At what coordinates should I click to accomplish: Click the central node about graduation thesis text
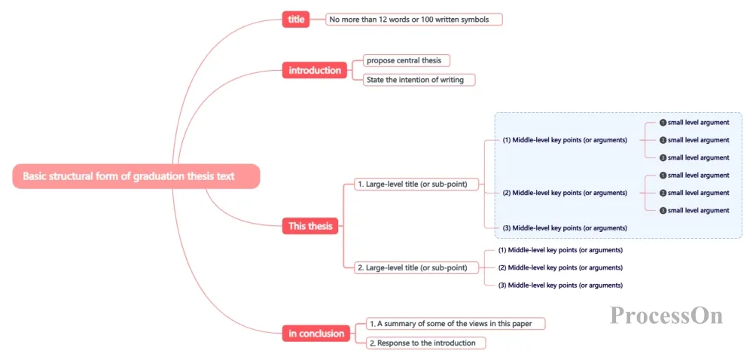[x=136, y=176]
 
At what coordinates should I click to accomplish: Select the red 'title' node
[x=296, y=20]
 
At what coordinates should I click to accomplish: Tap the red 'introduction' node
[x=315, y=71]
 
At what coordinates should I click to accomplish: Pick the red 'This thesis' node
[x=310, y=226]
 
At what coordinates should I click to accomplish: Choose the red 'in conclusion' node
[x=316, y=333]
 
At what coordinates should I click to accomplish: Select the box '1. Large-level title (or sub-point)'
[x=417, y=184]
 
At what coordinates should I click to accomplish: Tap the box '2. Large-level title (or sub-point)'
[x=417, y=267]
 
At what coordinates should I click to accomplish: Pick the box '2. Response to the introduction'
[x=426, y=343]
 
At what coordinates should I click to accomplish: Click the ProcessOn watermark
[x=666, y=316]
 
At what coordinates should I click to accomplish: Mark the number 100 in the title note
[x=428, y=20]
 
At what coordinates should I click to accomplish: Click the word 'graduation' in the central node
[x=157, y=176]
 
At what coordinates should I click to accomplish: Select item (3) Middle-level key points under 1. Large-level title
[x=565, y=228]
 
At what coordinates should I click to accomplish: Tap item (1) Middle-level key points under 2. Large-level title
[x=560, y=250]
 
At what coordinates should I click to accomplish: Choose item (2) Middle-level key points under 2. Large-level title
[x=560, y=267]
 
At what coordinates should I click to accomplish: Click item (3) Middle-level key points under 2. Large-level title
[x=560, y=285]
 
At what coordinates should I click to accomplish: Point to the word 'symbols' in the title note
[x=475, y=20]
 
